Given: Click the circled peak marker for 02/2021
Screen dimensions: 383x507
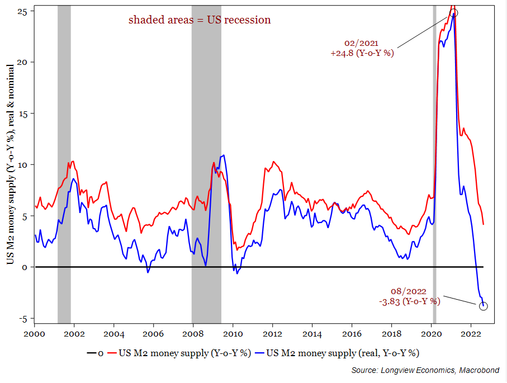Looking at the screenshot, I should tap(454, 13).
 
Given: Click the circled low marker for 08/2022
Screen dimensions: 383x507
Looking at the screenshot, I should tap(484, 306).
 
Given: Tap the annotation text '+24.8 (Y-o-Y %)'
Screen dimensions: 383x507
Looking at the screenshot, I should tap(362, 54).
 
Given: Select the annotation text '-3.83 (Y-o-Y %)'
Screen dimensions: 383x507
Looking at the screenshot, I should tap(409, 301).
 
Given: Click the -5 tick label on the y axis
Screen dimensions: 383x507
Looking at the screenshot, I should tap(25, 319).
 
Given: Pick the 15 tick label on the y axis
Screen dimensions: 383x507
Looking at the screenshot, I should tap(25, 114).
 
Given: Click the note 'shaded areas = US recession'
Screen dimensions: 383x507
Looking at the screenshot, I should tap(200, 20).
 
